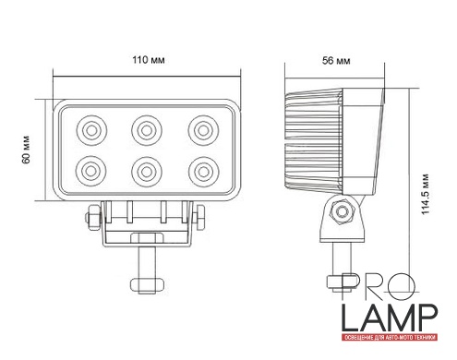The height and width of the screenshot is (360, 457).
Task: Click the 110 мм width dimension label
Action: pyautogui.click(x=149, y=60)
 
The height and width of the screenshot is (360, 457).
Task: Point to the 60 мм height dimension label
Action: pyautogui.click(x=26, y=150)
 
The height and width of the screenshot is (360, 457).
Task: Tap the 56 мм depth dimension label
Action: pyautogui.click(x=336, y=61)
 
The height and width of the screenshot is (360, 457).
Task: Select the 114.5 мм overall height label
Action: pyautogui.click(x=425, y=194)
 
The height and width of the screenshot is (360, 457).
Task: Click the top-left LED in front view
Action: pyautogui.click(x=91, y=130)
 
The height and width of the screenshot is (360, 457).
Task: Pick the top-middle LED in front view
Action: pyautogui.click(x=147, y=130)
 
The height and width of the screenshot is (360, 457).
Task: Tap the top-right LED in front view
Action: pyautogui.click(x=203, y=130)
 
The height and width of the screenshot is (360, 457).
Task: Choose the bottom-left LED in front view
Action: pyautogui.click(x=91, y=171)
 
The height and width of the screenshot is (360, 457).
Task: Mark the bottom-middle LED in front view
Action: pyautogui.click(x=147, y=171)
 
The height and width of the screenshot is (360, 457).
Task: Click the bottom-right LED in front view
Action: pyautogui.click(x=203, y=171)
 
